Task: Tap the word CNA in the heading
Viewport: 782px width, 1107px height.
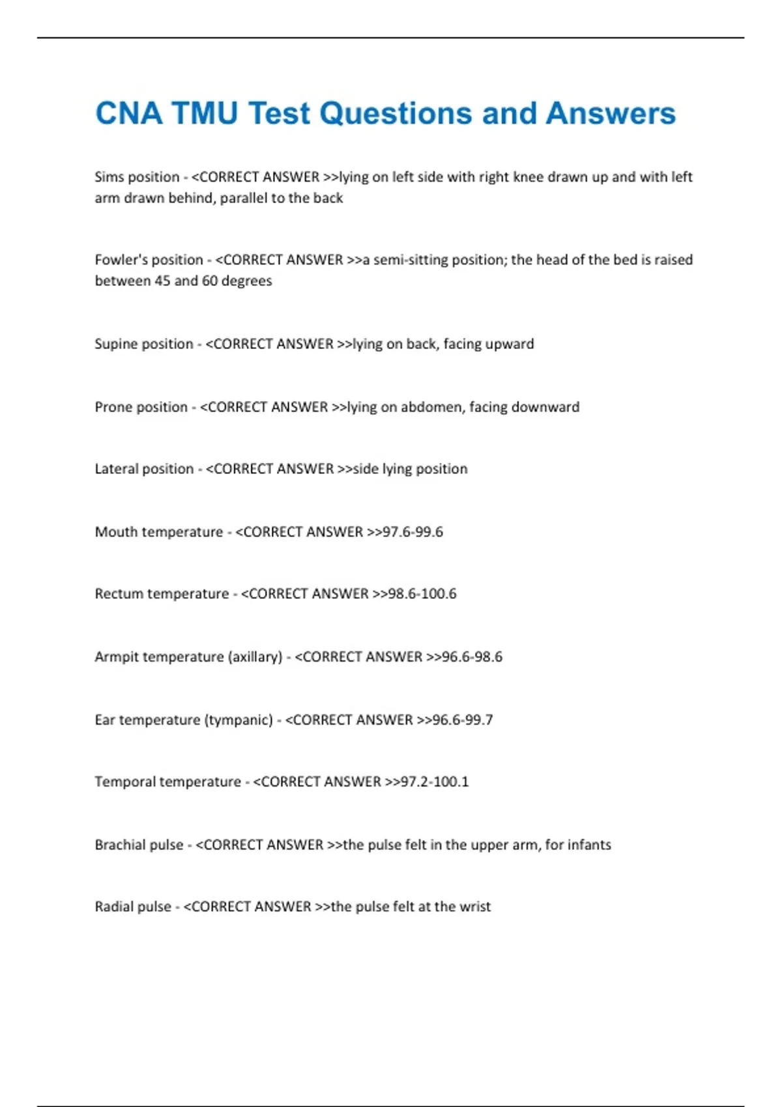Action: (x=128, y=113)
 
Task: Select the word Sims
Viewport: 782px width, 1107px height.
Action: (x=109, y=177)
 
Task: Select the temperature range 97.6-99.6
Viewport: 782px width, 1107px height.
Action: (x=413, y=532)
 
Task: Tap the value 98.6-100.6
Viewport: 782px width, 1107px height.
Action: (x=422, y=594)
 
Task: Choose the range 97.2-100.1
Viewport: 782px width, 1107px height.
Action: (x=435, y=781)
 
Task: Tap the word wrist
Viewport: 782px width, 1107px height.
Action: (x=475, y=906)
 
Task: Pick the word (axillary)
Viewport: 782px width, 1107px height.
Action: (x=255, y=656)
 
